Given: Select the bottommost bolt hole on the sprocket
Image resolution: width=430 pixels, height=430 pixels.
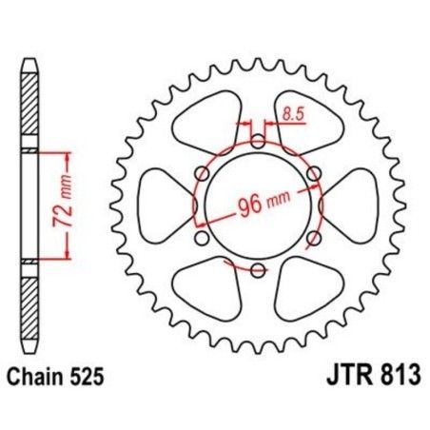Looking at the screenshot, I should [x=258, y=270].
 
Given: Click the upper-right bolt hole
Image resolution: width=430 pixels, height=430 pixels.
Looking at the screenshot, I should [x=313, y=173].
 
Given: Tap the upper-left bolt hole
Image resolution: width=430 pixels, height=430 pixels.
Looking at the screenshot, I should [x=202, y=173].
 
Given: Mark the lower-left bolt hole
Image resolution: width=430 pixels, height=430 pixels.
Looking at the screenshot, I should [x=202, y=238].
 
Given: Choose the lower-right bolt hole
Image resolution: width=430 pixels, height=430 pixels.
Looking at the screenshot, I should [x=313, y=238].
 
